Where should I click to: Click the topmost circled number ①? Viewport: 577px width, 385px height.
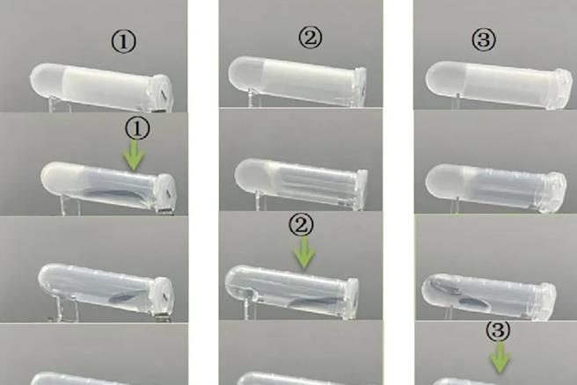click(x=124, y=41)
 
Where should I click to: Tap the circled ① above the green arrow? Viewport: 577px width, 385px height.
click(x=137, y=128)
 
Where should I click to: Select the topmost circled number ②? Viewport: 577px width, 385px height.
click(x=310, y=38)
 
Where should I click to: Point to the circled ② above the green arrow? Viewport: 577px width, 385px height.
click(x=302, y=225)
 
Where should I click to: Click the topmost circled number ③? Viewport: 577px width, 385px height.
click(x=484, y=39)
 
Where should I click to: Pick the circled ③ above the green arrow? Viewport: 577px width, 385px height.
click(x=498, y=330)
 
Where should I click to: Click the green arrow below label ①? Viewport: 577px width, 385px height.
click(x=134, y=156)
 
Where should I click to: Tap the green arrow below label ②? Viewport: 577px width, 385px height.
click(x=303, y=252)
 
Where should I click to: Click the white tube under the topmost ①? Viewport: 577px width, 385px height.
click(x=101, y=87)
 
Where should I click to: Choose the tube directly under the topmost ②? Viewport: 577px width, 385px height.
click(x=297, y=81)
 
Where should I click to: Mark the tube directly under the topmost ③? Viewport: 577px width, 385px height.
click(x=499, y=85)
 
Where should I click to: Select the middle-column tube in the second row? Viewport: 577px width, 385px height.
click(x=301, y=183)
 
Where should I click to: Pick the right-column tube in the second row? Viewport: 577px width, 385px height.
click(x=496, y=187)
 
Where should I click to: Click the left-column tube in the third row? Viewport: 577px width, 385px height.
click(x=106, y=289)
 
